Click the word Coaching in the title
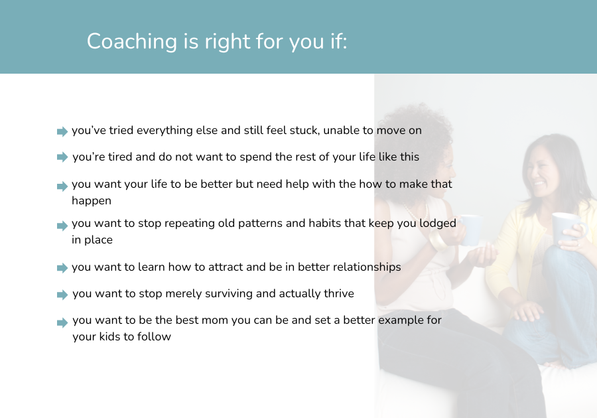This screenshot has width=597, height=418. point(132,42)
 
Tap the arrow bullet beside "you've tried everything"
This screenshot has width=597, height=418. point(62,132)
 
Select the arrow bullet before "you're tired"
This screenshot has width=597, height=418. point(62,157)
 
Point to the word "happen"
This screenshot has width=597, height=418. point(92,201)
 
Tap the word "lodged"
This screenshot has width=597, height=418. point(438,224)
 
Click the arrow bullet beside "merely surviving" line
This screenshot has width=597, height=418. point(62,295)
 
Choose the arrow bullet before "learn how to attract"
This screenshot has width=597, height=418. point(62,268)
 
